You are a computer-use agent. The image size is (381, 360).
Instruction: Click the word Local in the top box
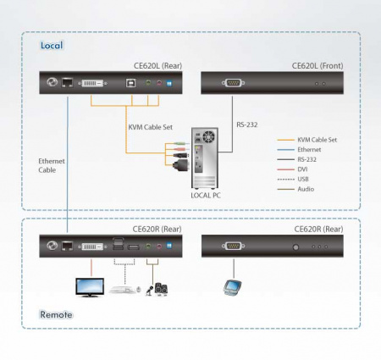coord(52,45)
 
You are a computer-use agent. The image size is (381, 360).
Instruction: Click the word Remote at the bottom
coord(56,314)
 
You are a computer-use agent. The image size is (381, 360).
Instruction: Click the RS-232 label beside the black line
coord(246,124)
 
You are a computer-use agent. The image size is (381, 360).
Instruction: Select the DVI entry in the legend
coord(305,169)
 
